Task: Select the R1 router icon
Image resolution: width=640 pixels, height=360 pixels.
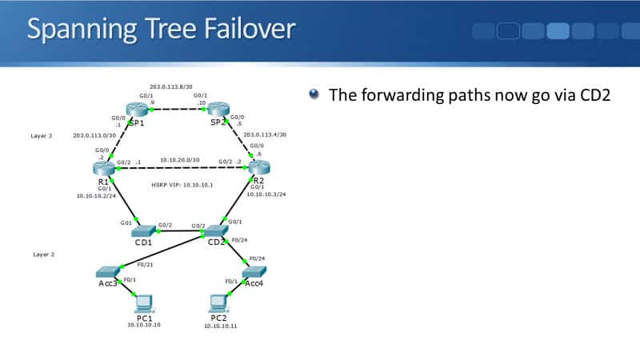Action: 104,166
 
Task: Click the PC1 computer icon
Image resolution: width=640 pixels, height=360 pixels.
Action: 144,302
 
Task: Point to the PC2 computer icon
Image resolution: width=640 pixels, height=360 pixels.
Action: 218,302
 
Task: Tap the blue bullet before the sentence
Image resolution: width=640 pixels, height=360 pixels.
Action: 314,94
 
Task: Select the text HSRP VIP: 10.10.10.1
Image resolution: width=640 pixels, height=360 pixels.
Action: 182,185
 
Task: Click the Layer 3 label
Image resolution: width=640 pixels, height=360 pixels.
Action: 42,136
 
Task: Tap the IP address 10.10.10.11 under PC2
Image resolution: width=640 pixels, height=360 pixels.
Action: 221,326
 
